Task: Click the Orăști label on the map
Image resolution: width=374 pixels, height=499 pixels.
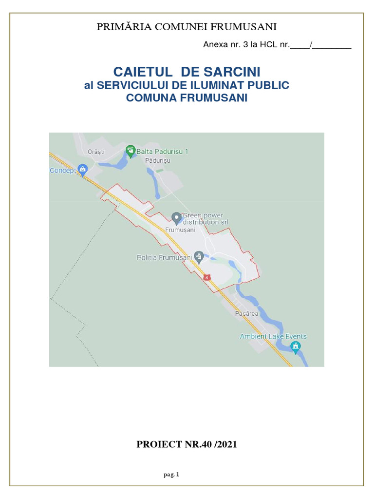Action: tap(96, 152)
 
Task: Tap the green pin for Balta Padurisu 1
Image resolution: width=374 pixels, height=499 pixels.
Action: tap(130, 151)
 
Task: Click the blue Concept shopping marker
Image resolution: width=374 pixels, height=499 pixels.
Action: tap(83, 170)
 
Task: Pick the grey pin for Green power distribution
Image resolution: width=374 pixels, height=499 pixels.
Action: tap(176, 217)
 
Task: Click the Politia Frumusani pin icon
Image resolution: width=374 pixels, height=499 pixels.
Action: tap(198, 255)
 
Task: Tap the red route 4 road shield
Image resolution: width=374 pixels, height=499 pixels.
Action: tap(207, 277)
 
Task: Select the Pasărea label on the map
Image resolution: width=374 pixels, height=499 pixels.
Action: tap(246, 314)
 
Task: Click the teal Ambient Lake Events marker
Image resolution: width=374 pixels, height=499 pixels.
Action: tap(295, 346)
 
